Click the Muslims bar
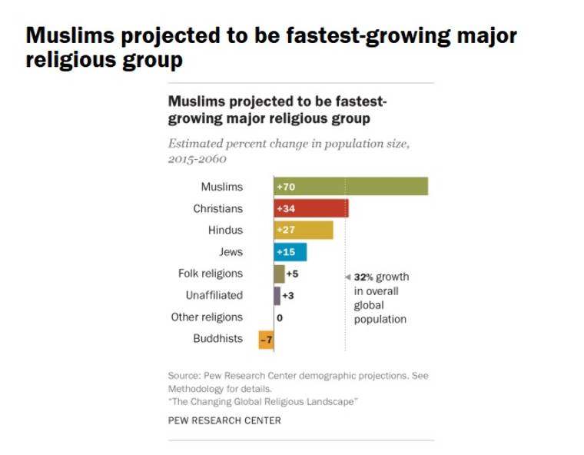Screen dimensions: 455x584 point(350,187)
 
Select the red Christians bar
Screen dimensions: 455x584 point(310,208)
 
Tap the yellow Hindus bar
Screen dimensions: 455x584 point(304,230)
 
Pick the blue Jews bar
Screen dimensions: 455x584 point(290,251)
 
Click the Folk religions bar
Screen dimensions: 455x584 point(279,274)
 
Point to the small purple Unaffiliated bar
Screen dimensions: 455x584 point(277,295)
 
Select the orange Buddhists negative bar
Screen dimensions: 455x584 point(266,339)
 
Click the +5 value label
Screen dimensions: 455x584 point(292,274)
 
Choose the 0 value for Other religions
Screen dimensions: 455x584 point(280,317)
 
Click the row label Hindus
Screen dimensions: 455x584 point(225,230)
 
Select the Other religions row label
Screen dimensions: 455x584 point(207,317)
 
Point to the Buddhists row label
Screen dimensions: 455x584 point(217,339)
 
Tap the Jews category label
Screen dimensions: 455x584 point(231,251)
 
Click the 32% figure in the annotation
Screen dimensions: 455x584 point(363,277)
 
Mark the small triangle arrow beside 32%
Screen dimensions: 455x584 point(347,277)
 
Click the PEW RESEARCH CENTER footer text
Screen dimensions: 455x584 point(224,420)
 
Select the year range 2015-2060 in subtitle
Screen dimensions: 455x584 point(197,159)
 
